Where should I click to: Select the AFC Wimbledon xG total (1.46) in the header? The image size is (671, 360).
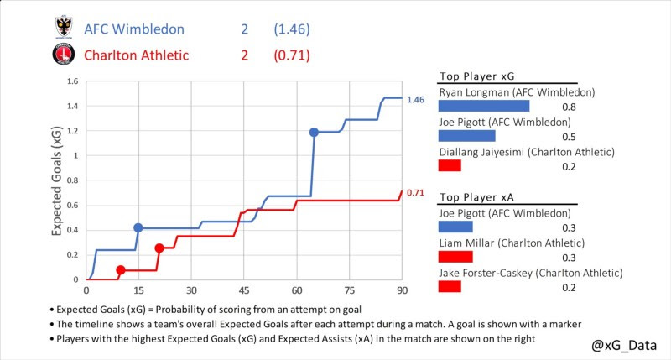tap(292, 29)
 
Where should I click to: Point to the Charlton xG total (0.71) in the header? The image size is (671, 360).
tap(292, 56)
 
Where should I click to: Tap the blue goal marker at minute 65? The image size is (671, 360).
tap(314, 133)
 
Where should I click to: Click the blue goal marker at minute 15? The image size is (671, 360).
tap(138, 227)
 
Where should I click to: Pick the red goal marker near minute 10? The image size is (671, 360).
tap(121, 270)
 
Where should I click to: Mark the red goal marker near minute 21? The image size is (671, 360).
tap(159, 248)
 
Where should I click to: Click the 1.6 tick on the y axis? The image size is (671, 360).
tap(72, 82)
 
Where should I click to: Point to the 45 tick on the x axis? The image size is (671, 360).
tap(244, 290)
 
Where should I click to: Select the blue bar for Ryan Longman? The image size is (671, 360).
tap(484, 107)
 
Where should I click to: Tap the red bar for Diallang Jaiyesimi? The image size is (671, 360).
tap(450, 166)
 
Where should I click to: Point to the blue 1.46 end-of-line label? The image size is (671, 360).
tap(415, 100)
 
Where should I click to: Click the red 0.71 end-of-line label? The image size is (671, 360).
tap(415, 193)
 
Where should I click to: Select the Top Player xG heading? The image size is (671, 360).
tap(476, 75)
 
